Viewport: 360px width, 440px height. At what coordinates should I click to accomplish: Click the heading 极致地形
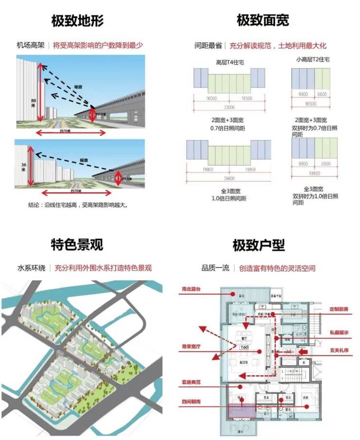(x=77, y=21)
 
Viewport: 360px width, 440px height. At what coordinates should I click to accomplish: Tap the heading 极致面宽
(x=263, y=20)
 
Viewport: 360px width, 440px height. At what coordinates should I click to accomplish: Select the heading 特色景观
(x=77, y=244)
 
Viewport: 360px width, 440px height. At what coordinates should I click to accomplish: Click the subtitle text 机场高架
(x=30, y=45)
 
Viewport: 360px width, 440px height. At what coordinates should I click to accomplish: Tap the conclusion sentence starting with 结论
(x=78, y=205)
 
